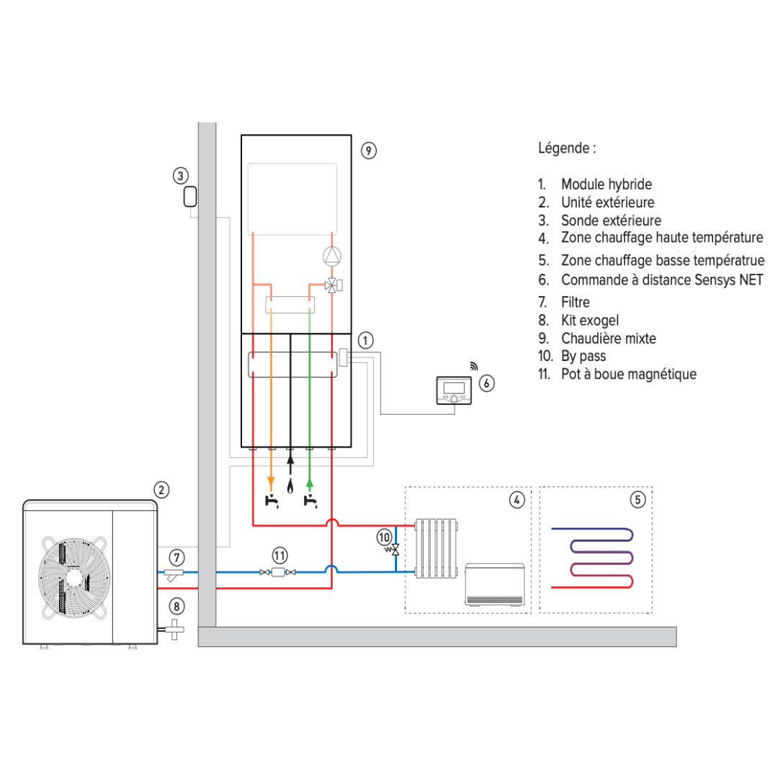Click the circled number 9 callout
368,150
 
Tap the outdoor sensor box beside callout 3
190,196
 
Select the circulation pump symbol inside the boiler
331,256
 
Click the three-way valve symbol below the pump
333,285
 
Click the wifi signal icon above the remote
473,365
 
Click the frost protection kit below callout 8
174,629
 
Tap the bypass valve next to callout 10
395,550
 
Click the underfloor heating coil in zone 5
594,558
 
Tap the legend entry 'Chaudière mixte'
609,338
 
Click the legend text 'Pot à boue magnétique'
628,374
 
